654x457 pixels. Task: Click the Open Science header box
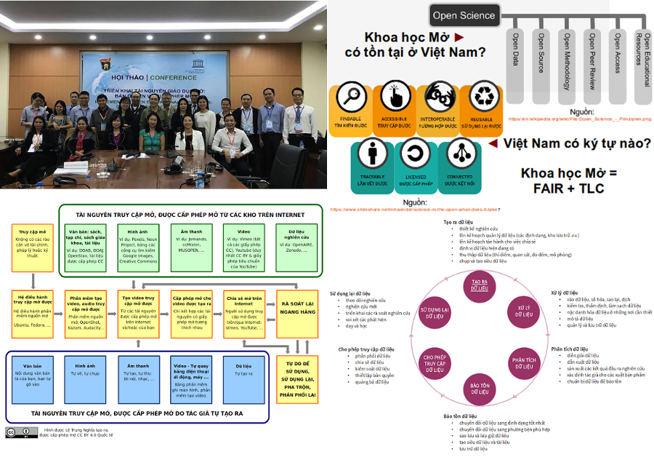[x=464, y=15]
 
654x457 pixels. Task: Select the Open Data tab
[x=516, y=59]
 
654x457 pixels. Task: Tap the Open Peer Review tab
[x=593, y=59]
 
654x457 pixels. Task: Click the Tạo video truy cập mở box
[x=138, y=317]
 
